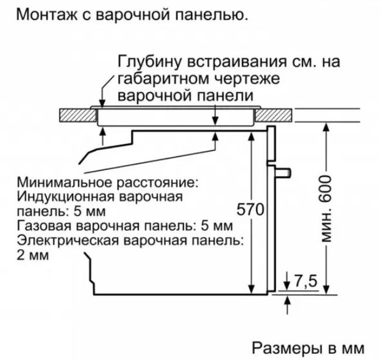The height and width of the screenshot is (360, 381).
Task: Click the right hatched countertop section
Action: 274,115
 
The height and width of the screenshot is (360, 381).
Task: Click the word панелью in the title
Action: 213,15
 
